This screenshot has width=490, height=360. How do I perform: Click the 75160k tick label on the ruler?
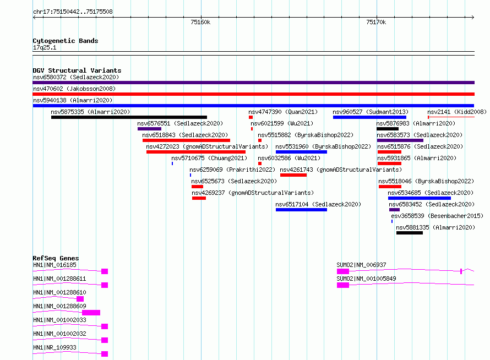[200, 22]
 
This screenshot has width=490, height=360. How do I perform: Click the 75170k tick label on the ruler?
[376, 22]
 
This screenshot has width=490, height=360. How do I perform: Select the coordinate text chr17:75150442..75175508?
[73, 12]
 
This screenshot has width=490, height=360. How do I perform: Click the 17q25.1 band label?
[45, 47]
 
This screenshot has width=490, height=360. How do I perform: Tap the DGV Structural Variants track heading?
[77, 70]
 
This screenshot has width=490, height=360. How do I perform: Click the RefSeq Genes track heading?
[56, 258]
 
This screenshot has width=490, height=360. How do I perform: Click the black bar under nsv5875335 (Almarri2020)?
[129, 117]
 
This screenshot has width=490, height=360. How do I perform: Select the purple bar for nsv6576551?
[149, 129]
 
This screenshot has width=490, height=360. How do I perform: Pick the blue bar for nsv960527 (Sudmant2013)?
[369, 117]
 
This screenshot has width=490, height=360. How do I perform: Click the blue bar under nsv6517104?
[301, 210]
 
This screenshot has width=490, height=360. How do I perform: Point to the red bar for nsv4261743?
[293, 175]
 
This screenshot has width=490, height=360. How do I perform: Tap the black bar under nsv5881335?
[410, 233]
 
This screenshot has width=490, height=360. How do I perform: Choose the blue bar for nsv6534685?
[420, 198]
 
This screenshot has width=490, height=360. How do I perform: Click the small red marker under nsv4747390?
[251, 117]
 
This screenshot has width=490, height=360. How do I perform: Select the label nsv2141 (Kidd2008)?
[457, 112]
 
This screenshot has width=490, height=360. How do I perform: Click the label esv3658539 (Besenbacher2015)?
[437, 216]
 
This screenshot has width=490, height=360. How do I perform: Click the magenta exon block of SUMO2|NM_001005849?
[343, 285]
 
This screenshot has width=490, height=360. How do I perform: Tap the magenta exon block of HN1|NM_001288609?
[91, 313]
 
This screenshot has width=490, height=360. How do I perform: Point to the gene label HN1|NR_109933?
[55, 347]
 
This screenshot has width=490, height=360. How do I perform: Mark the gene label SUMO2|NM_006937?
[361, 265]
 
